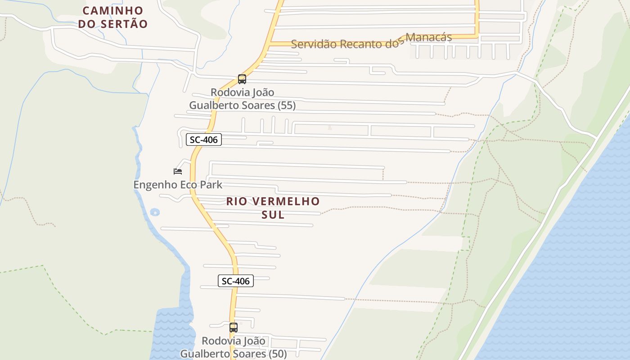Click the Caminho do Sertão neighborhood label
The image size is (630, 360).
(113, 17)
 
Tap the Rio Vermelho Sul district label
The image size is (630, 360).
(273, 207)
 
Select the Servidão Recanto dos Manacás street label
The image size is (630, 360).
(371, 41)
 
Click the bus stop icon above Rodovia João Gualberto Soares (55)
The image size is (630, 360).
(242, 79)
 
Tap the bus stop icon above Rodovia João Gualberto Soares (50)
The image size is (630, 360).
(233, 328)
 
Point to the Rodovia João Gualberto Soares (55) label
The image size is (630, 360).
(242, 99)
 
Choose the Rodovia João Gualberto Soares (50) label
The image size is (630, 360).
(233, 347)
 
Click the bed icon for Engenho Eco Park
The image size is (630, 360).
(178, 171)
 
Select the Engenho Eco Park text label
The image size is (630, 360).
(178, 184)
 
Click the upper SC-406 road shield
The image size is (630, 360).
(204, 139)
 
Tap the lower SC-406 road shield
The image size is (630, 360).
(236, 281)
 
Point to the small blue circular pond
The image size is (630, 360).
(155, 211)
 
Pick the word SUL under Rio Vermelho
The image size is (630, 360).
(273, 215)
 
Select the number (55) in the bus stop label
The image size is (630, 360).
(286, 105)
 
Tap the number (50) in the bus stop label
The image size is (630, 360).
(277, 354)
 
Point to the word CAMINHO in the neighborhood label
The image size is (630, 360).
(113, 10)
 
